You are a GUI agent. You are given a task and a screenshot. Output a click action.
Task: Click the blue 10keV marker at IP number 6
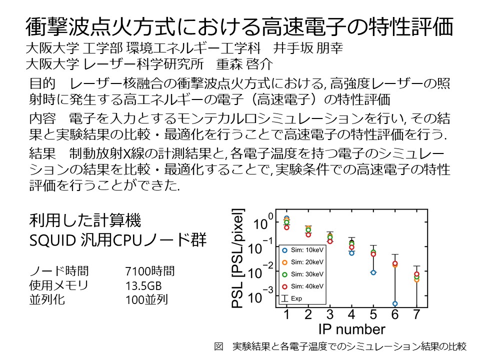tap(395, 303)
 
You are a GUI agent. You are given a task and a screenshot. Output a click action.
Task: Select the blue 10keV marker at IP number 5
tap(373, 272)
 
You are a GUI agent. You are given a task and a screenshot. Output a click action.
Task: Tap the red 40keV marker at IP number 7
tap(416, 274)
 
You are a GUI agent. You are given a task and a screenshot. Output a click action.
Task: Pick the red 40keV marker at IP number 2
tap(308, 234)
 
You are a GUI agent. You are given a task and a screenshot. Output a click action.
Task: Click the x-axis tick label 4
tap(351, 315)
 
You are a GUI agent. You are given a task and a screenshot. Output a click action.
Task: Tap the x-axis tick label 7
tap(416, 315)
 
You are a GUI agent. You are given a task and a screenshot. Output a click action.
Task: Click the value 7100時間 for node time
tap(150, 271)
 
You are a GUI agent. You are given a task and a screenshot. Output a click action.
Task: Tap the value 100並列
tap(146, 299)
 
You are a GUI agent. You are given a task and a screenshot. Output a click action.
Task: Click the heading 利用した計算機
tap(84, 220)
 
